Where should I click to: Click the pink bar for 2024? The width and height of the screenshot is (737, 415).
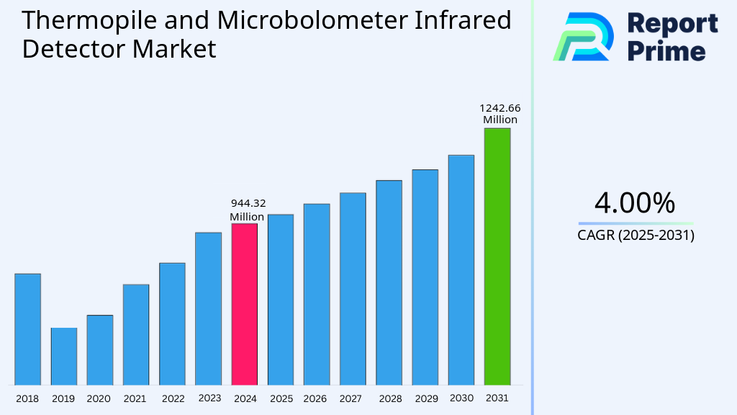(x=244, y=304)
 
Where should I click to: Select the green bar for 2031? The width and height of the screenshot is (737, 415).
(x=497, y=256)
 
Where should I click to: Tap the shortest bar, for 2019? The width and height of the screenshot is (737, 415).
(x=63, y=356)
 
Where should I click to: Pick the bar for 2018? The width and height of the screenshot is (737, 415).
(x=27, y=329)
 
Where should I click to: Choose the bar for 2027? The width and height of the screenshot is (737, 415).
(x=353, y=288)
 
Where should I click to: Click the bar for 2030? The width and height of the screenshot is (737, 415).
(x=461, y=269)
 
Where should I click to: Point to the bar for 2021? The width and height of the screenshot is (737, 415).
(x=136, y=334)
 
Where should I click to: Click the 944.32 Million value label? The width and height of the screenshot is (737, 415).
(x=248, y=210)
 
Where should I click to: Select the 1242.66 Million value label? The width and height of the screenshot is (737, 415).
(x=500, y=114)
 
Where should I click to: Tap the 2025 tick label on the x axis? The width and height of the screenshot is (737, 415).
(x=281, y=398)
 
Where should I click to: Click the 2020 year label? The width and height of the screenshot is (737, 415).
(x=99, y=398)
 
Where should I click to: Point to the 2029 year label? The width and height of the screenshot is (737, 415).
(x=425, y=398)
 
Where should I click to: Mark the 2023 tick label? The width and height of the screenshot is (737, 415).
(x=209, y=398)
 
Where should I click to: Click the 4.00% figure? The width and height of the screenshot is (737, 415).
(x=635, y=203)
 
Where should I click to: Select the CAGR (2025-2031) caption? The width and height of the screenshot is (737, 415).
(x=636, y=235)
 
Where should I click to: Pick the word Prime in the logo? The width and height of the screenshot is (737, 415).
(x=666, y=50)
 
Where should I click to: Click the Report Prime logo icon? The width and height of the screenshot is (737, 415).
(x=583, y=36)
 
